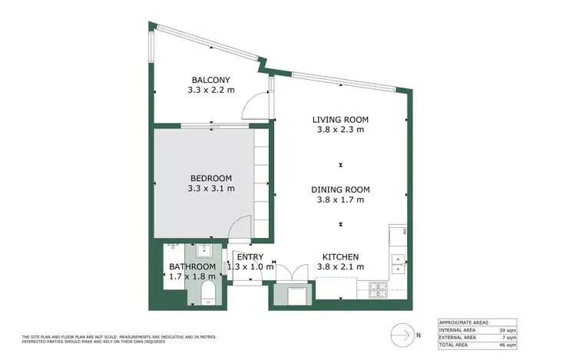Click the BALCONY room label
pos(210,80)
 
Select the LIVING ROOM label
pos(340,120)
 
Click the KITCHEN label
pos(340,257)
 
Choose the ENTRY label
pos(250,257)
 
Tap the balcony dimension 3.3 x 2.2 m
pos(210,90)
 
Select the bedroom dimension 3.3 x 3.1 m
pos(210,188)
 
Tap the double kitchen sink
pos(398,263)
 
